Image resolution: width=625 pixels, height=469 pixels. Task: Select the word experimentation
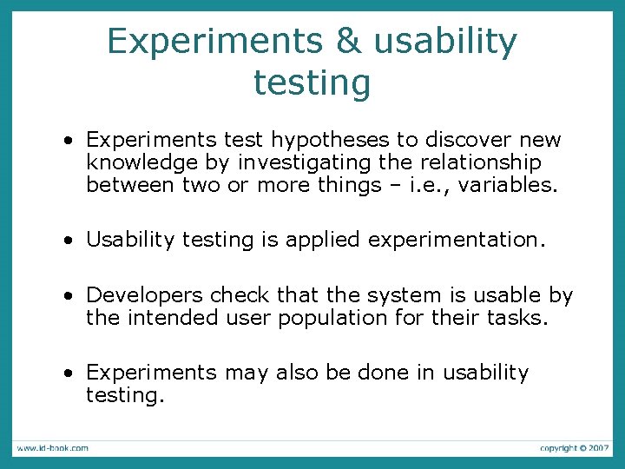point(457,240)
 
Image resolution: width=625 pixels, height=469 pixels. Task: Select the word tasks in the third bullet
point(519,318)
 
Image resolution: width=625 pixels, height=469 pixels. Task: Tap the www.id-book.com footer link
point(52,448)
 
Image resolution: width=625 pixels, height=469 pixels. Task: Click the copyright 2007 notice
point(574,448)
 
